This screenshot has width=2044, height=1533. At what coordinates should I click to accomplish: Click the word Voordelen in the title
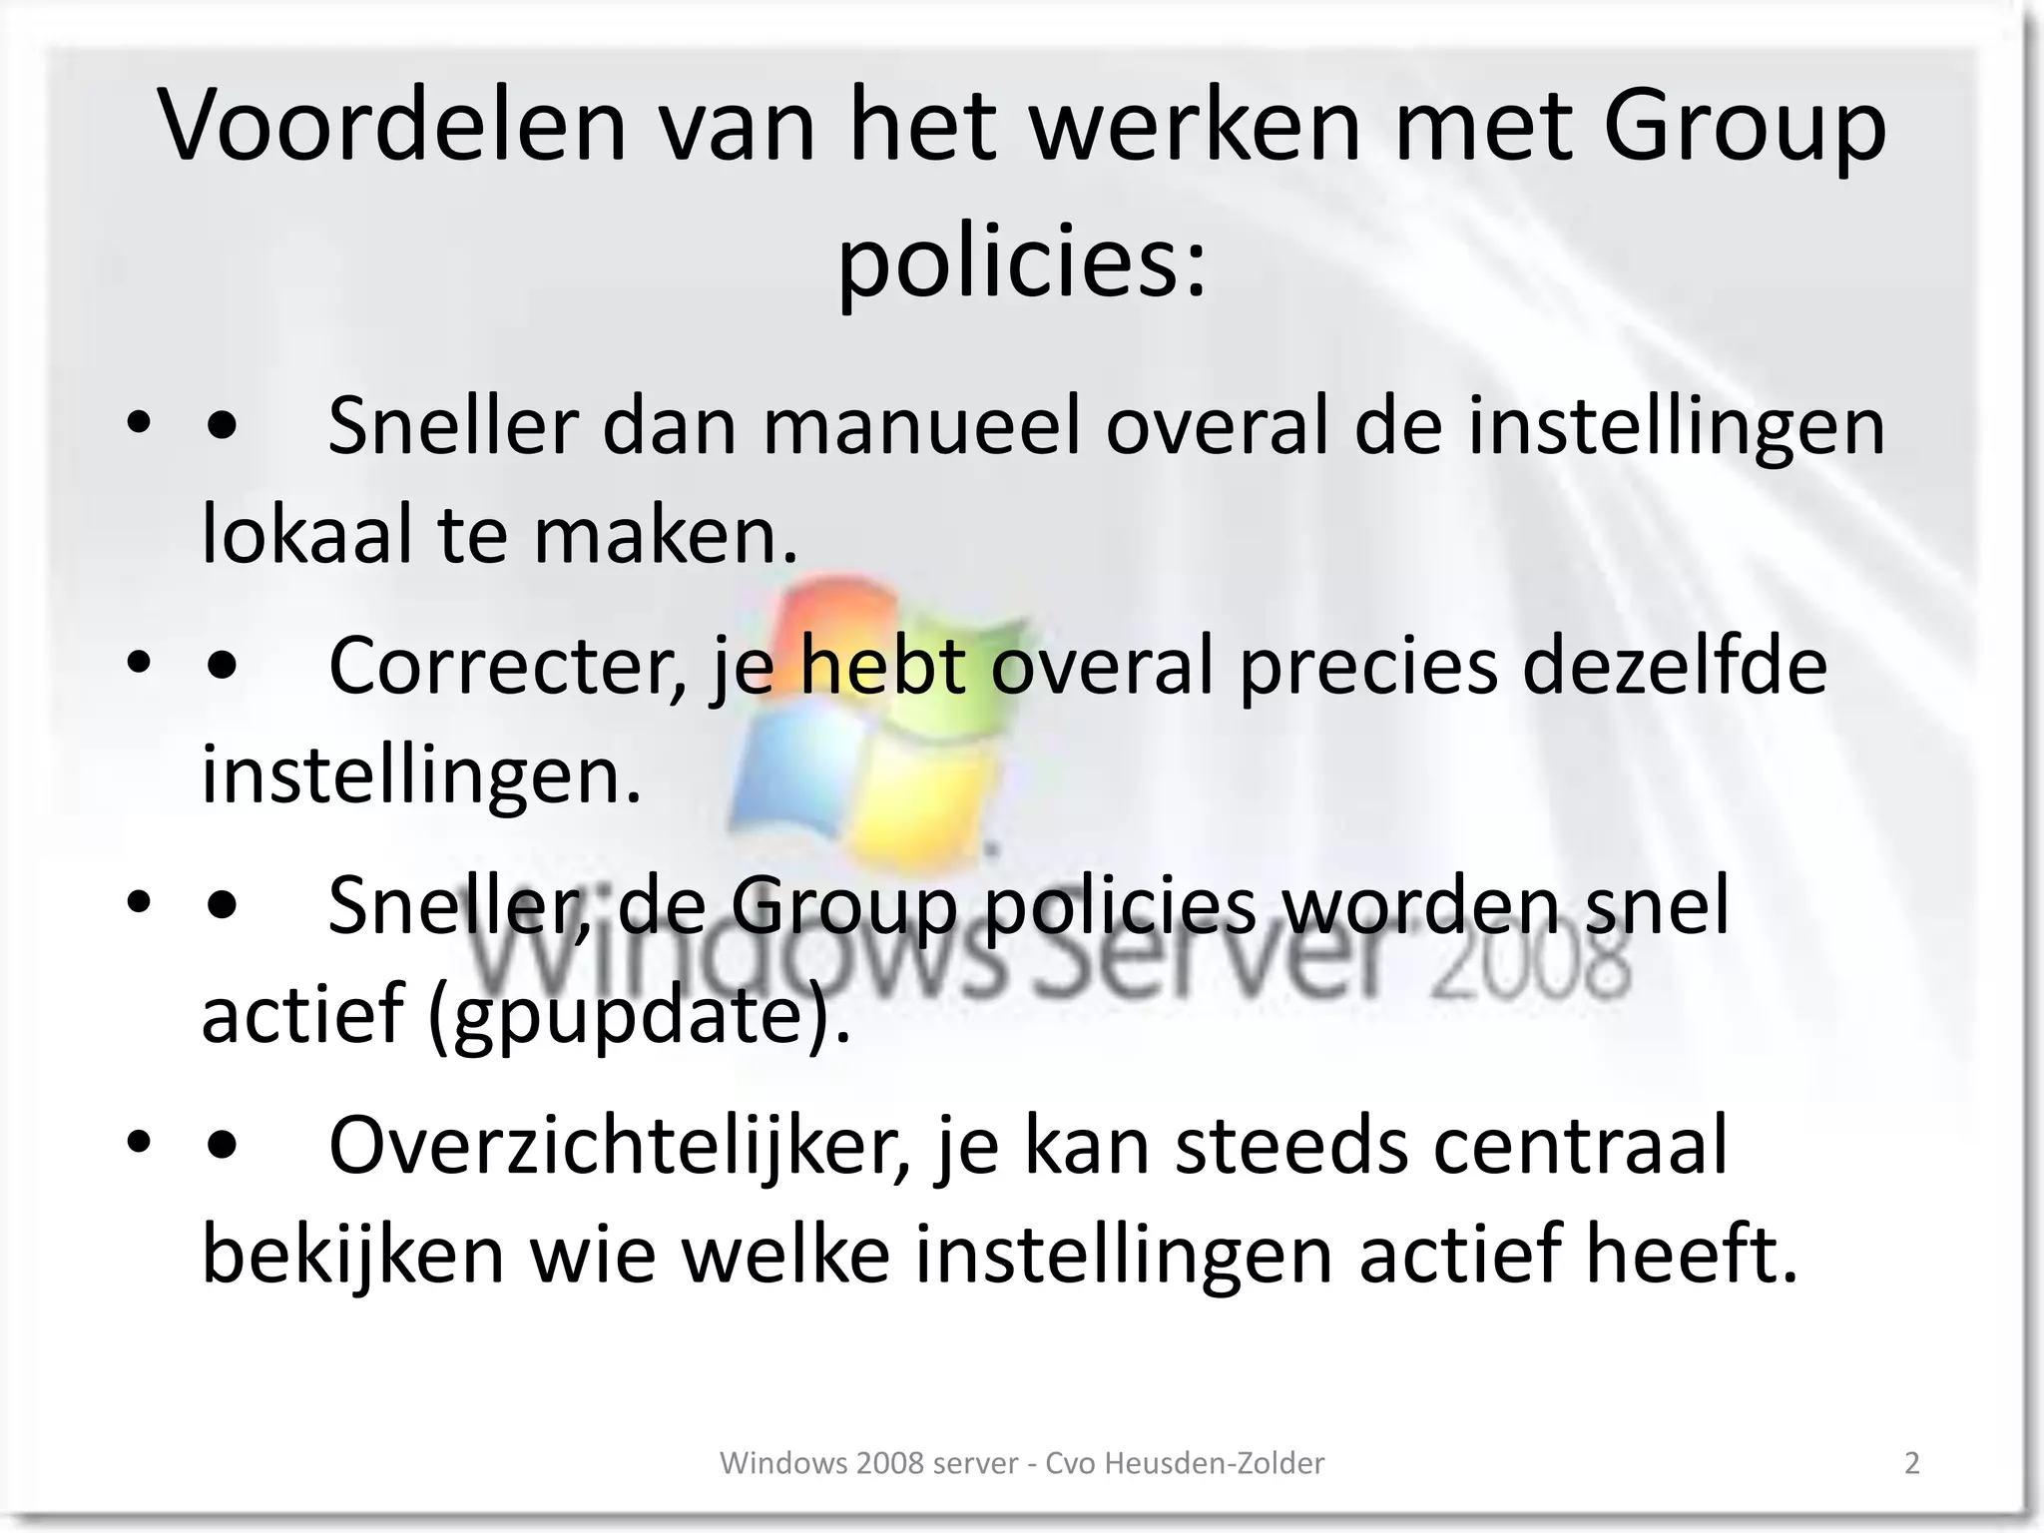(x=392, y=126)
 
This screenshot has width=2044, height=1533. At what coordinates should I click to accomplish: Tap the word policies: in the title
(x=1021, y=261)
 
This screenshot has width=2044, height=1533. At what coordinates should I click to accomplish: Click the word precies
(x=1367, y=667)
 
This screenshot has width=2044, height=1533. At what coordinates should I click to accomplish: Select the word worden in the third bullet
(x=1420, y=905)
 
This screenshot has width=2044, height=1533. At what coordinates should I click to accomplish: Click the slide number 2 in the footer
(x=1912, y=1463)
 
